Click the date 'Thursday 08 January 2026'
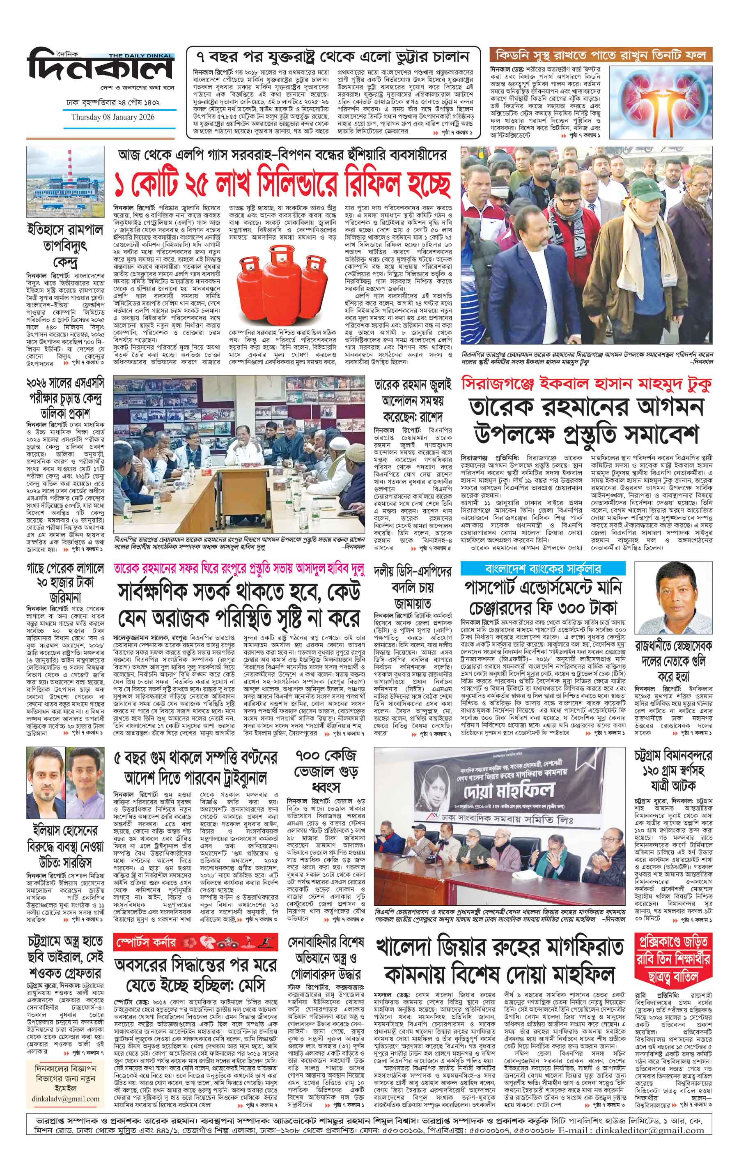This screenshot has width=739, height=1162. pyautogui.click(x=113, y=117)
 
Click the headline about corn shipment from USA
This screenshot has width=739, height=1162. pyautogui.click(x=333, y=56)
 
